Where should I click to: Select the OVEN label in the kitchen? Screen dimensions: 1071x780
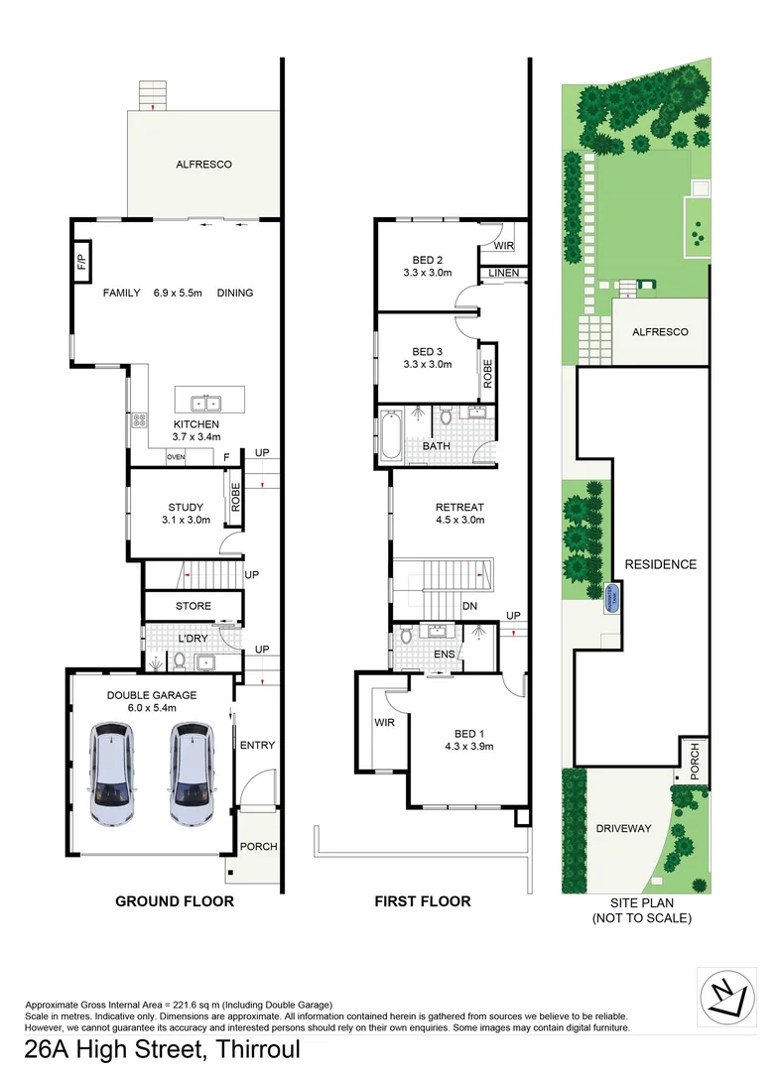point(176,457)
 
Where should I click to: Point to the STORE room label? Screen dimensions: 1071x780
point(194,605)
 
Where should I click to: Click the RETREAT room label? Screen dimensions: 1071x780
point(459,507)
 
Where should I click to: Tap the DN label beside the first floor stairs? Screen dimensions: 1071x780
point(471,607)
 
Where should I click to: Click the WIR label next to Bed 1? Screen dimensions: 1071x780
point(385,723)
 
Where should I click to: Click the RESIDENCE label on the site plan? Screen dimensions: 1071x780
point(660,564)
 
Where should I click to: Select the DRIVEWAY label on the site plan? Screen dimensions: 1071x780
point(623,827)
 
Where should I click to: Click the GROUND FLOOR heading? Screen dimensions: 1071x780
point(175,901)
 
